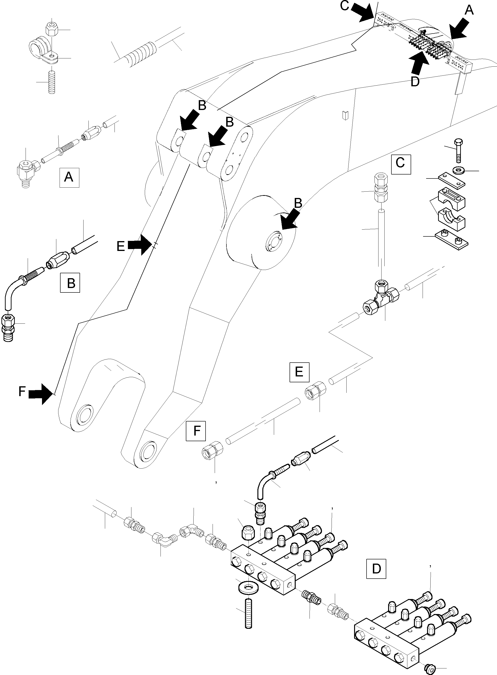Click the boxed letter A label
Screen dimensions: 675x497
[69, 177]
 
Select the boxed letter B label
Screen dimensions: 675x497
[70, 283]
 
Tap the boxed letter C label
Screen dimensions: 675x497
[401, 164]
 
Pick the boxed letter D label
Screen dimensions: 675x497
[376, 569]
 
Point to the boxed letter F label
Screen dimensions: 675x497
[196, 431]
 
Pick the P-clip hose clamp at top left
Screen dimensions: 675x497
[42, 51]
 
